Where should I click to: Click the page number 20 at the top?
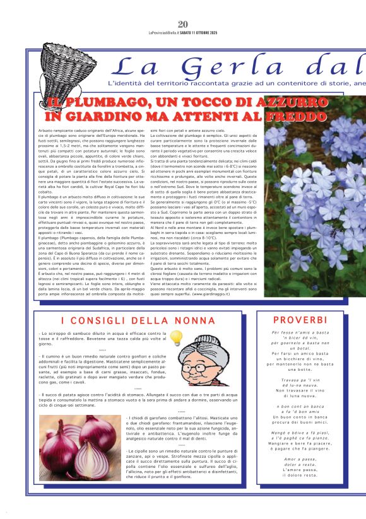pyautogui.click(x=183, y=24)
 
